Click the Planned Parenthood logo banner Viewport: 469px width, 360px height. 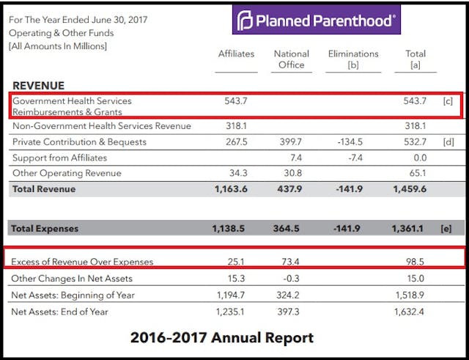pyautogui.click(x=317, y=20)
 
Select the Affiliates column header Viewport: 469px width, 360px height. pyautogui.click(x=236, y=54)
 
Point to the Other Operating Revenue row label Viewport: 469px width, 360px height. pyautogui.click(x=67, y=173)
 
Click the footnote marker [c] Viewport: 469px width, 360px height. pyautogui.click(x=448, y=100)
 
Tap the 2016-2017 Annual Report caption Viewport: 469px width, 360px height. pyautogui.click(x=221, y=337)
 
